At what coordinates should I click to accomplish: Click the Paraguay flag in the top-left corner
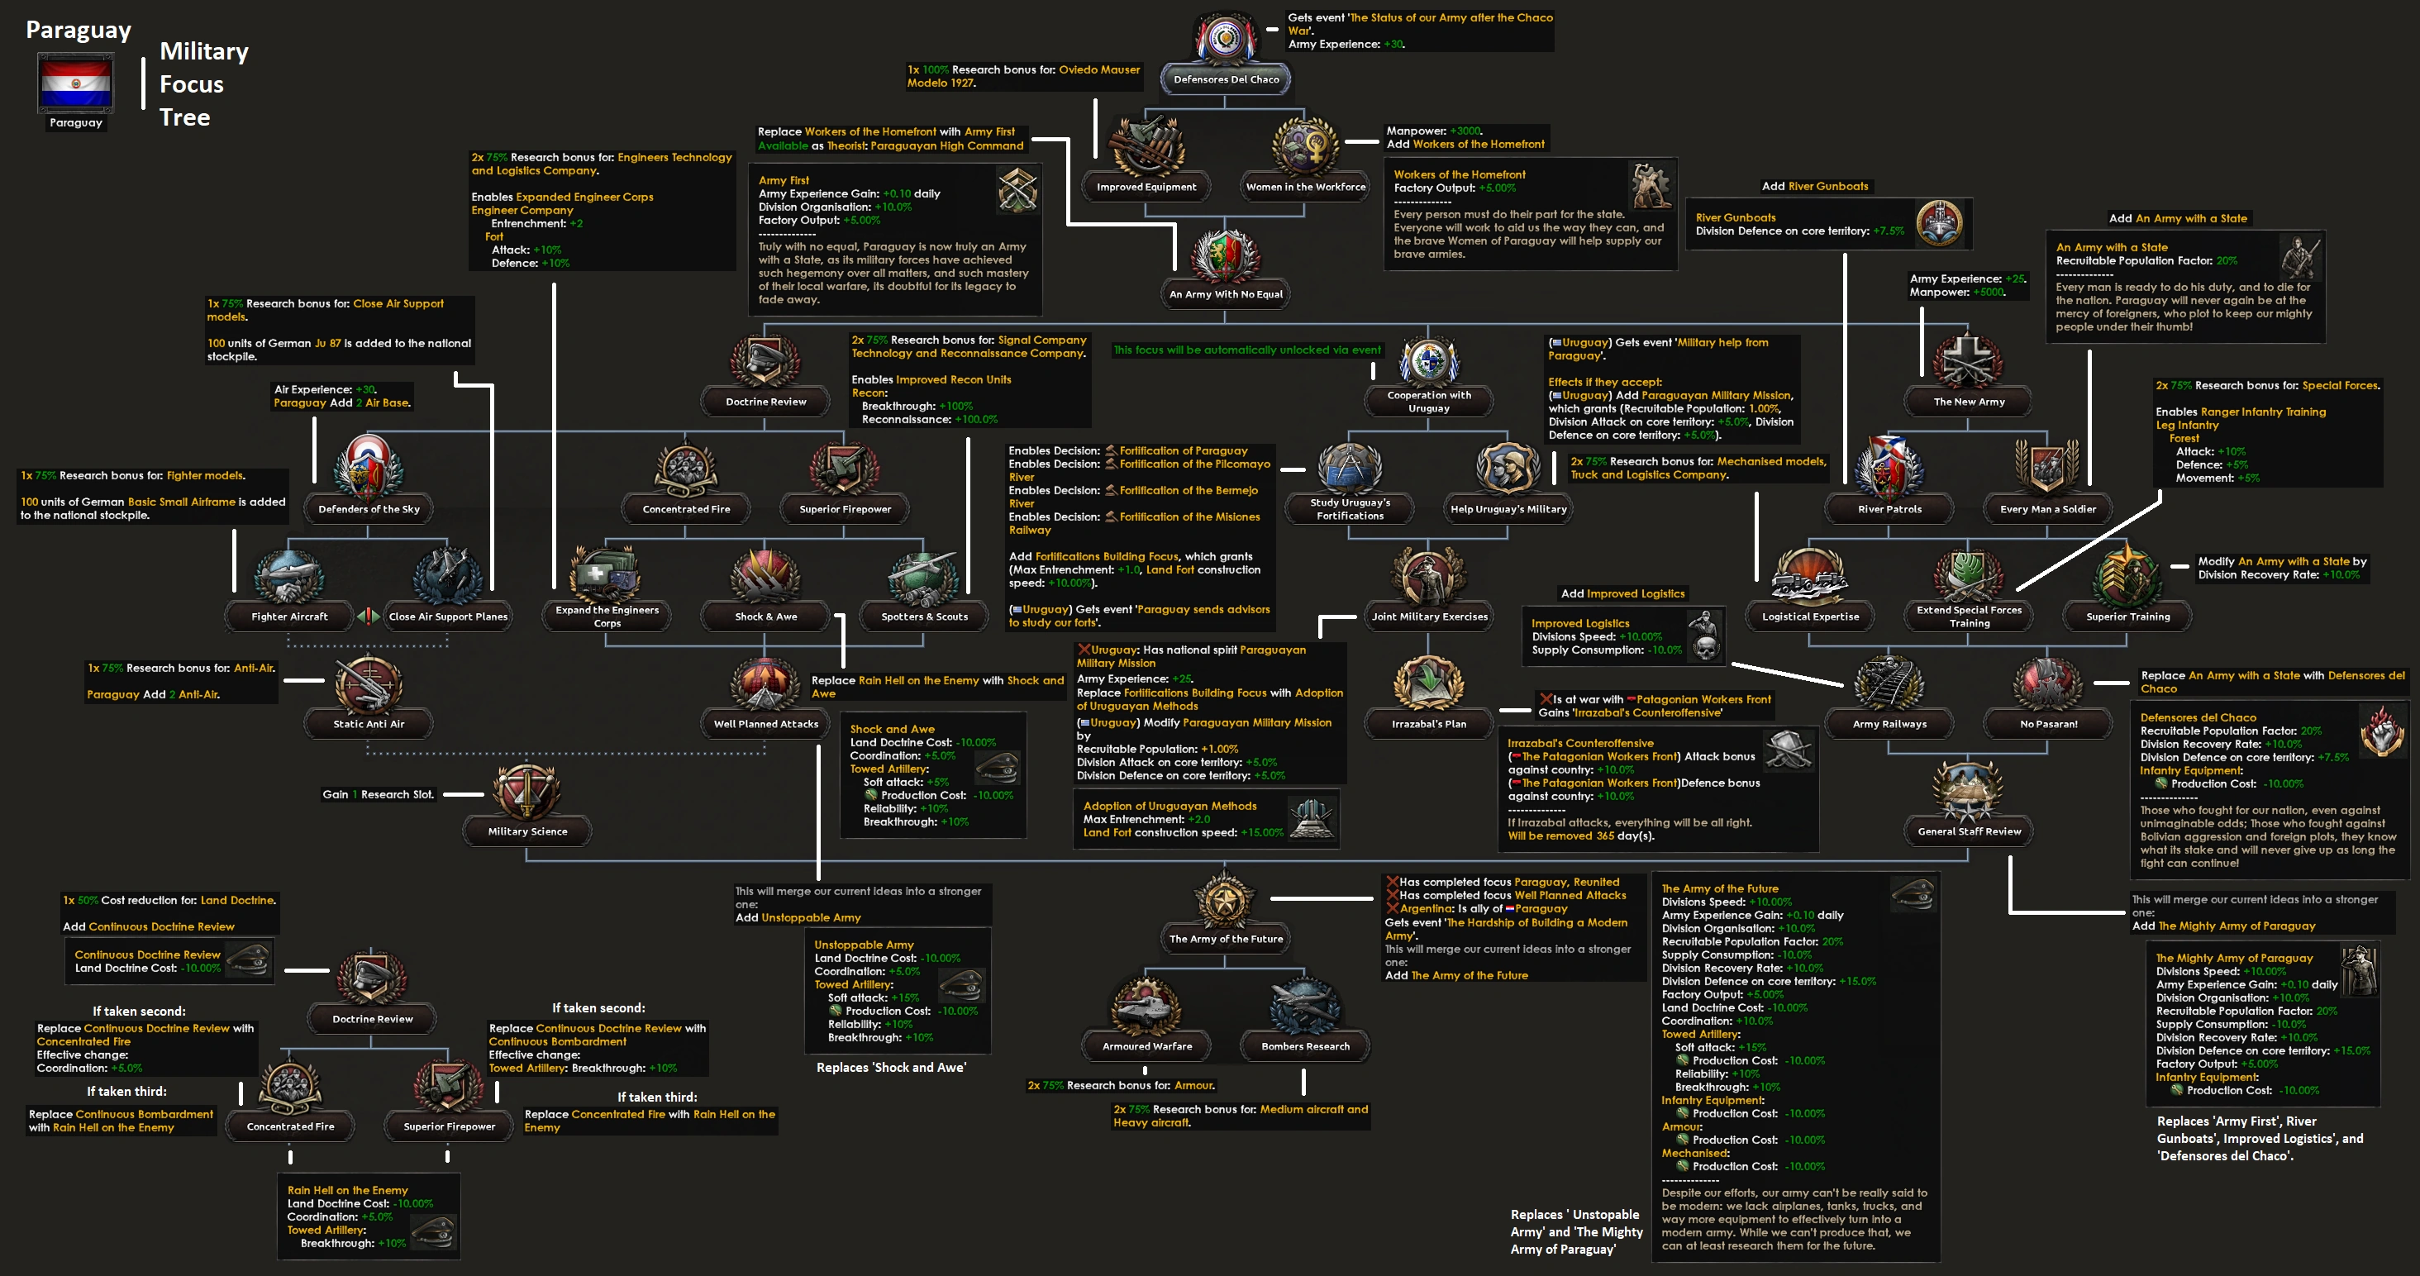click(x=75, y=83)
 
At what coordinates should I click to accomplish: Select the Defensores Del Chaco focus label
click(x=1225, y=80)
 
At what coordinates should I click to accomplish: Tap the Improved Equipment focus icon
click(x=1146, y=145)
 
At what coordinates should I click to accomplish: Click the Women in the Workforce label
click(x=1305, y=187)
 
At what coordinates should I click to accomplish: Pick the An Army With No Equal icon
click(x=1225, y=255)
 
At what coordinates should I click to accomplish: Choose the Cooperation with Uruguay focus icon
click(x=1428, y=363)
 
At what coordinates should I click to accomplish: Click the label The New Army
click(x=1968, y=402)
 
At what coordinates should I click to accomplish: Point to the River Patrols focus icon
click(x=1889, y=468)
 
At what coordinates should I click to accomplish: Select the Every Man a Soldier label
click(x=2047, y=509)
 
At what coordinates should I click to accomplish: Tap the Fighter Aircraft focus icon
click(x=289, y=575)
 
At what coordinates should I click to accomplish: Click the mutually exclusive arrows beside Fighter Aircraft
click(x=369, y=617)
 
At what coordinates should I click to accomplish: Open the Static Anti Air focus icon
click(x=369, y=683)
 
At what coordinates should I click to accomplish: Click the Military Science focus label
click(x=527, y=831)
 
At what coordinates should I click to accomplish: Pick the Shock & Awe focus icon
click(x=765, y=575)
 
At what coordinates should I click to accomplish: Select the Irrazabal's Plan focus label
click(x=1428, y=725)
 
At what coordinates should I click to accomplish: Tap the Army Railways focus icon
click(x=1889, y=683)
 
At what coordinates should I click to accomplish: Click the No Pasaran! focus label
click(x=2048, y=725)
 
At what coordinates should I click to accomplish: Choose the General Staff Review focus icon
click(x=1968, y=790)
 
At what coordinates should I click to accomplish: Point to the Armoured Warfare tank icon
click(x=1146, y=1007)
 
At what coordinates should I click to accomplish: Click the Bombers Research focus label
click(x=1305, y=1047)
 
